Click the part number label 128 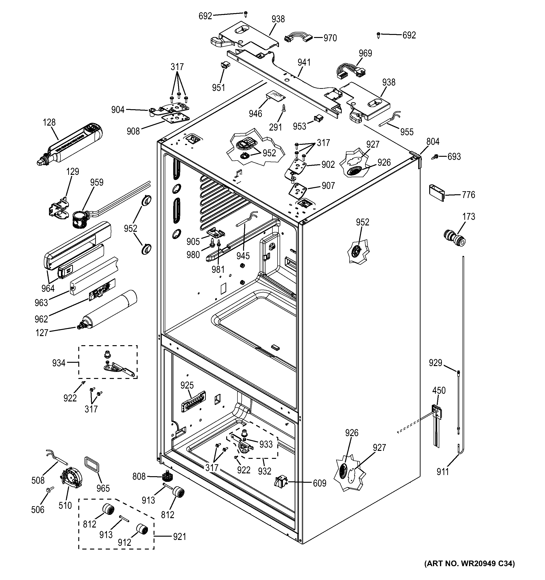[x=49, y=122]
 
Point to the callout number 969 [x=365, y=53]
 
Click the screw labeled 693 [x=435, y=157]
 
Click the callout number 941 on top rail [x=304, y=62]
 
